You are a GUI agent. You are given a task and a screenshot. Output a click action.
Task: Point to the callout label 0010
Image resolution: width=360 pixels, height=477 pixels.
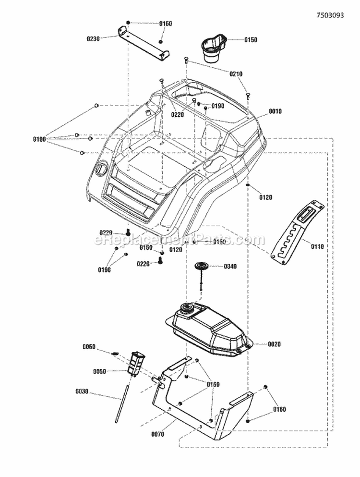click(275, 111)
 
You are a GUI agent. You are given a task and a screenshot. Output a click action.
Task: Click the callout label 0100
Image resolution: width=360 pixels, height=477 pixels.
click(39, 139)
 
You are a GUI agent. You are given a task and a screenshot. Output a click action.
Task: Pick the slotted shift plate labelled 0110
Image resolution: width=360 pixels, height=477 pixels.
click(298, 231)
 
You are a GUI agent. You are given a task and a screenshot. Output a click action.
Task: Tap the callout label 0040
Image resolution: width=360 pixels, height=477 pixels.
click(230, 266)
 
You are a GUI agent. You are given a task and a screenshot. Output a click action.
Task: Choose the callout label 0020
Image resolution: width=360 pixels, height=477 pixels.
click(275, 344)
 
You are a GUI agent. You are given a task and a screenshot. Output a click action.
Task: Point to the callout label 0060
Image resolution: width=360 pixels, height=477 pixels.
click(89, 346)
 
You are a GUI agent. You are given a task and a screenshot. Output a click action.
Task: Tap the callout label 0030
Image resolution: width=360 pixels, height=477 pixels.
click(83, 391)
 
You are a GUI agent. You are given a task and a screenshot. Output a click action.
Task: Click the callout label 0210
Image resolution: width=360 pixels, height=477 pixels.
click(236, 74)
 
